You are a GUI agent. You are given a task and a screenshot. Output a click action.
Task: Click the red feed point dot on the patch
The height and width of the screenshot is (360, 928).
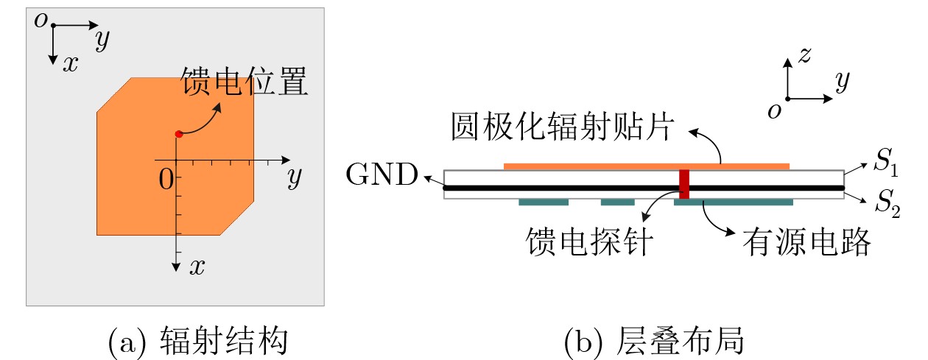178,134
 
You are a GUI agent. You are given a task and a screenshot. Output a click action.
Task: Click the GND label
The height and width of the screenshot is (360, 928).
382,176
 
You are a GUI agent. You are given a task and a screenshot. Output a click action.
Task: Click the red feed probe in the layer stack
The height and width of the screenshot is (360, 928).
684,184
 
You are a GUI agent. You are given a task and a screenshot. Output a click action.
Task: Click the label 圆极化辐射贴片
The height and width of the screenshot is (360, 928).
562,127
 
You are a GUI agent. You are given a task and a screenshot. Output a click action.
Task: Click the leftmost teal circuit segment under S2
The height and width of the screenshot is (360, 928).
544,202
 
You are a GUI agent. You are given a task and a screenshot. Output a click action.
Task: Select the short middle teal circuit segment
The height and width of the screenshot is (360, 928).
617,202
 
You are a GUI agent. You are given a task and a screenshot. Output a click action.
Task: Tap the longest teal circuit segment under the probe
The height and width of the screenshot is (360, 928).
734,202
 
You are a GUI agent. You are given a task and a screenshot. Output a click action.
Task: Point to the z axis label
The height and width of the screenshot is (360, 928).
805,54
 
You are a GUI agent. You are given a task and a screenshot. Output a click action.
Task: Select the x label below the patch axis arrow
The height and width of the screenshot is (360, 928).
196,267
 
